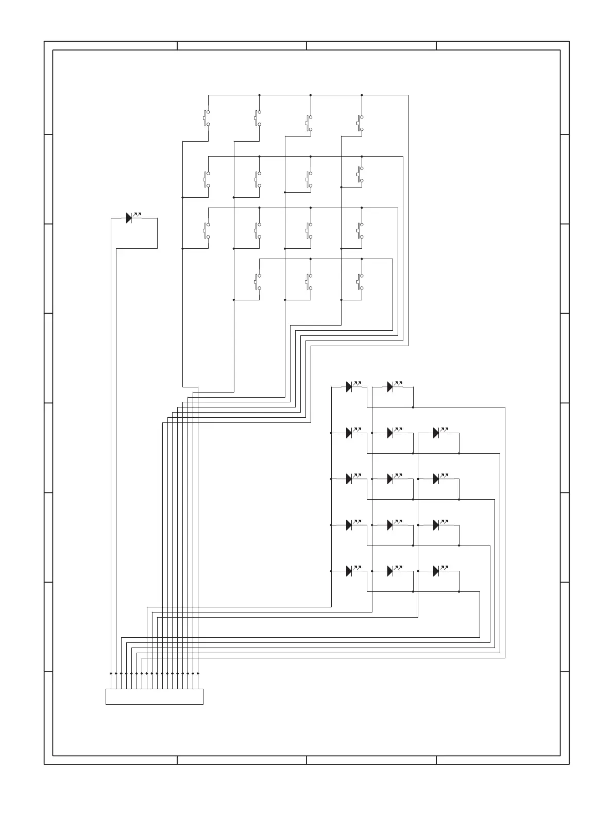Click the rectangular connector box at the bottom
point(154,696)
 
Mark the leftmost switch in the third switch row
point(207,230)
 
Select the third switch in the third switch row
point(309,230)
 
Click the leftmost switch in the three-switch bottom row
point(258,281)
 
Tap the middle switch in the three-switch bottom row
point(309,281)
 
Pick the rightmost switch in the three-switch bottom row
point(360,281)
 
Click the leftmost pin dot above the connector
point(111,673)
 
